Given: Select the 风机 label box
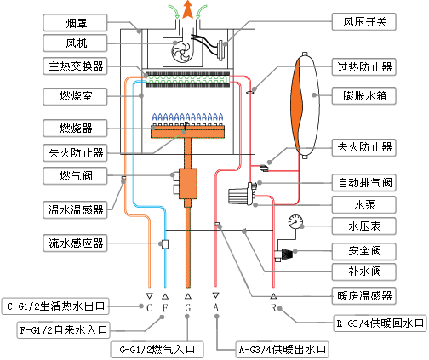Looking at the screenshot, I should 77,42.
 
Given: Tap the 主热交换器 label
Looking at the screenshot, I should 77,66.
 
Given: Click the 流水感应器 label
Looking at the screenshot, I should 77,243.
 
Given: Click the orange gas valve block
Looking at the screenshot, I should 188,180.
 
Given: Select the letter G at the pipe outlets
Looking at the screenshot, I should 188,306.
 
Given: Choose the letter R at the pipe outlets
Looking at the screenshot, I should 273,306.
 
